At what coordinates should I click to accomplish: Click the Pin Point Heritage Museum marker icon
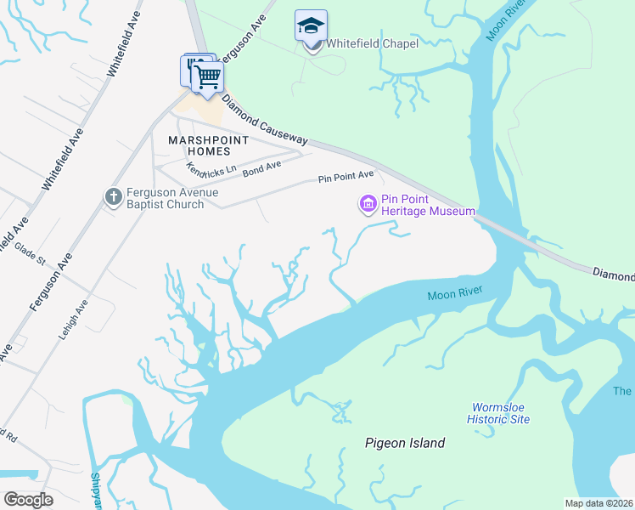tap(368, 204)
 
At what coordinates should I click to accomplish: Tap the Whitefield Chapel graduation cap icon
tap(311, 26)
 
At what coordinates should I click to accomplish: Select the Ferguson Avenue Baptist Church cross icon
tap(113, 197)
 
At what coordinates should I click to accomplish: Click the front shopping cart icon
tap(206, 77)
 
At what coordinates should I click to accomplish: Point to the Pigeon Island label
tap(404, 443)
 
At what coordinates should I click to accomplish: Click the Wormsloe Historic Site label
tap(498, 413)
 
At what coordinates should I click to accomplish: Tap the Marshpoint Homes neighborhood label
tap(199, 145)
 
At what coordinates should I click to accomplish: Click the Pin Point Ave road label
tap(346, 177)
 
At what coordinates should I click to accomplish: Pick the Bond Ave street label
tap(261, 167)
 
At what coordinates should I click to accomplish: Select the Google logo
tap(29, 500)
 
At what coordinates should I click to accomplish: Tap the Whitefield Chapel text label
tap(372, 43)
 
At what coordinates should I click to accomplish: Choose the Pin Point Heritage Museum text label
tap(428, 205)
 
